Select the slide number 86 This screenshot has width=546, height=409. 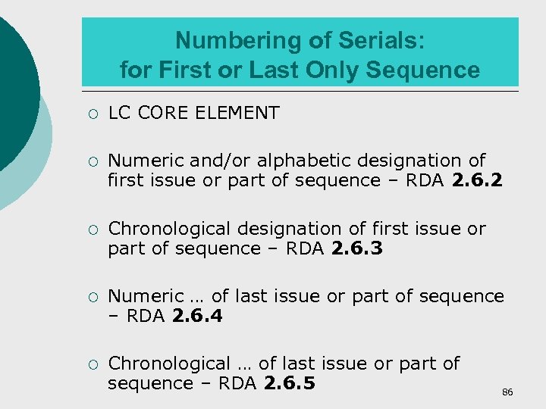pyautogui.click(x=507, y=392)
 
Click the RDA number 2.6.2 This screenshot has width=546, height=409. pyautogui.click(x=475, y=180)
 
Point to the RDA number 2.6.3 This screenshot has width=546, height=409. pyautogui.click(x=356, y=248)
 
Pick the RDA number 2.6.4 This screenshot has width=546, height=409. pyautogui.click(x=197, y=316)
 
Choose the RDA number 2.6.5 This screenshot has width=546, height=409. pyautogui.click(x=289, y=383)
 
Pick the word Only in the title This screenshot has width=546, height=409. pyautogui.click(x=336, y=70)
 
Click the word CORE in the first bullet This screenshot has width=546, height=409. pyautogui.click(x=162, y=114)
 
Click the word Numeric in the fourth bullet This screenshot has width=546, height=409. pyautogui.click(x=146, y=296)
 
